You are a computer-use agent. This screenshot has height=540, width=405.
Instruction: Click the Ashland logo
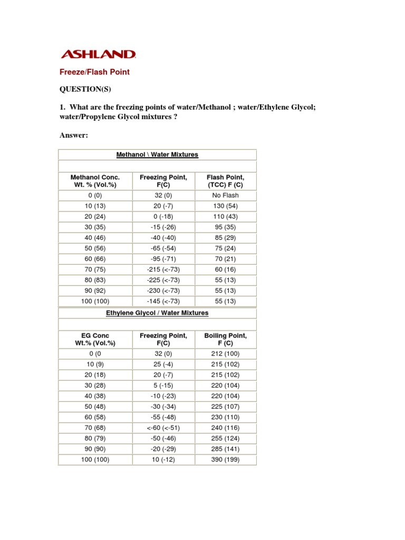click(99, 54)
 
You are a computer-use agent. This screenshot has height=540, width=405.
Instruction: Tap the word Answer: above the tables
click(73, 136)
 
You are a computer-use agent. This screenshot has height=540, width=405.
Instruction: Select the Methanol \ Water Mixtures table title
click(157, 155)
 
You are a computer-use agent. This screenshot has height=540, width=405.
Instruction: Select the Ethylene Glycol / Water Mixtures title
click(157, 313)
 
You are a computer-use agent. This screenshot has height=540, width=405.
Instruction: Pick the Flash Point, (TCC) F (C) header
click(226, 181)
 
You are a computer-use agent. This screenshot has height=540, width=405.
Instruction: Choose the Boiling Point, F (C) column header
click(226, 339)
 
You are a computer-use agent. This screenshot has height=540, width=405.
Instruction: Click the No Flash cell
click(226, 195)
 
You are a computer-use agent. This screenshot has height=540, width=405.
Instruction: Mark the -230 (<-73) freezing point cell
click(163, 291)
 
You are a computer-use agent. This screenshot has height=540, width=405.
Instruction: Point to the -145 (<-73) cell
click(163, 301)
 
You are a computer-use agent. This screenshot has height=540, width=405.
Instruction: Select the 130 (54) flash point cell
click(226, 206)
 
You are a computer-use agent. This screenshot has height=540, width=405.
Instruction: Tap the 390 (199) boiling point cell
click(226, 459)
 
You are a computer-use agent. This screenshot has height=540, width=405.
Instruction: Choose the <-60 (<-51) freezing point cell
click(163, 428)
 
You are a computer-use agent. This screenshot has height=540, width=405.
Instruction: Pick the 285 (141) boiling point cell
click(226, 449)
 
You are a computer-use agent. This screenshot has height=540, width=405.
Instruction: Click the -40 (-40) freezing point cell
click(163, 237)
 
